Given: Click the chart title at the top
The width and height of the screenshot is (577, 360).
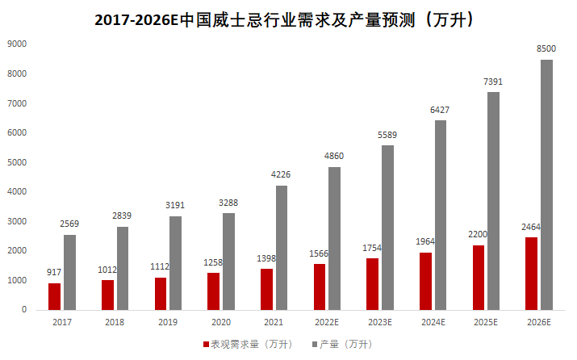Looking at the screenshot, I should [288, 20].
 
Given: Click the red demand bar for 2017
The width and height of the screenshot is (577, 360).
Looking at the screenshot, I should [54, 295].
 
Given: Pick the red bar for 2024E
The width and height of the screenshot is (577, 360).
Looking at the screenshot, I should [425, 280].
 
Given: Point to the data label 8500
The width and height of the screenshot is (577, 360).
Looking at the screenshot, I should [546, 49].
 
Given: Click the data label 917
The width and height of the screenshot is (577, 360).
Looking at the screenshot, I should [53, 273].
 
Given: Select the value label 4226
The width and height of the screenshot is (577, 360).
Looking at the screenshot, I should [282, 175].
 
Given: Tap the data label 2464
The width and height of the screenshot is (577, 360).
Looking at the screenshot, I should [530, 227].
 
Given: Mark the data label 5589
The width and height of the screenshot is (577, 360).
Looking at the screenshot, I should [387, 135].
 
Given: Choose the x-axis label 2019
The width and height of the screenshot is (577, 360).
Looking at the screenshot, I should [168, 322].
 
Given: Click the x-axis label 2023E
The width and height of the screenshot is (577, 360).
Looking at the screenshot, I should [379, 322].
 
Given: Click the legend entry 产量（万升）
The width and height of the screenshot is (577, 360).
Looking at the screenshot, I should [344, 344].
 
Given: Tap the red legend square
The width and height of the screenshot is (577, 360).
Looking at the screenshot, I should [206, 344].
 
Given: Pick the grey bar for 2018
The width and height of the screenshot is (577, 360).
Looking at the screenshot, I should [123, 267].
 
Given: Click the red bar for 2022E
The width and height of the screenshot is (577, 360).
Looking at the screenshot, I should [319, 287].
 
